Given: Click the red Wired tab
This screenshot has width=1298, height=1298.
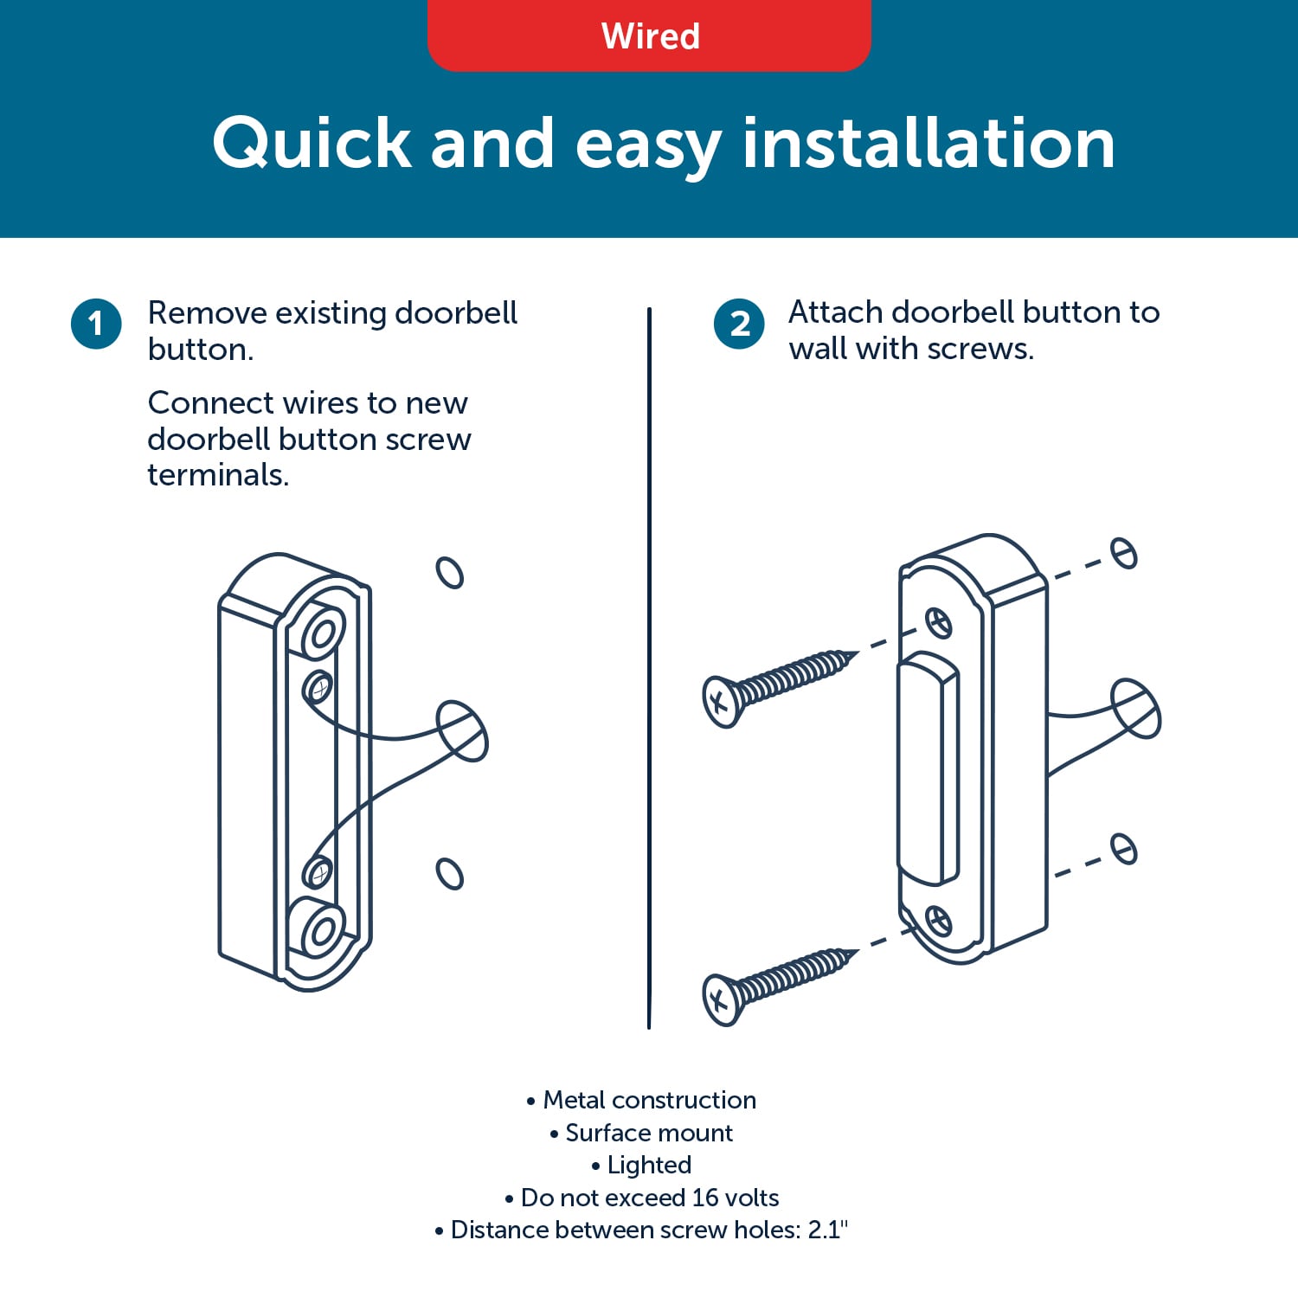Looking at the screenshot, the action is click(649, 35).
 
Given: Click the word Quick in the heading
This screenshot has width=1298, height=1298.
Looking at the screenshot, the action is click(312, 144).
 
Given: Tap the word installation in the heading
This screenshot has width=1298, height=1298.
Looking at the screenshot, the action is click(929, 142).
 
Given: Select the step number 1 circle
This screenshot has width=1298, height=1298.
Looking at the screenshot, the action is click(96, 324).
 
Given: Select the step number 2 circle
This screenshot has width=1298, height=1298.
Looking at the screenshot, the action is click(739, 324).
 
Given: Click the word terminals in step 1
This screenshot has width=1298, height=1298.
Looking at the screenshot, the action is click(217, 475).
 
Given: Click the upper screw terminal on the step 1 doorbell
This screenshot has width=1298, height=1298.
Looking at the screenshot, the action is click(318, 689).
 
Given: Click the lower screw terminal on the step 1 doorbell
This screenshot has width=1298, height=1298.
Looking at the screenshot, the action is click(318, 872).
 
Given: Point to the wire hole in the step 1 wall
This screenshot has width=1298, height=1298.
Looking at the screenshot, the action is click(462, 731).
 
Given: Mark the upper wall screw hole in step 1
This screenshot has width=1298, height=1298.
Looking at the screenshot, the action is click(450, 572).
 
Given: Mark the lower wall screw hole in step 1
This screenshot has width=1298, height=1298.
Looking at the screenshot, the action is click(450, 873).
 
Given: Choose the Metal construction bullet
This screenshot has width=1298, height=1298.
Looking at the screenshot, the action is click(641, 1100).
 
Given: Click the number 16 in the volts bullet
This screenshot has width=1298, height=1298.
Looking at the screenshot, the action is click(704, 1198).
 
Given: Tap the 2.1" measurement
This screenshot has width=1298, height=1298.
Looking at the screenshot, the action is click(828, 1230).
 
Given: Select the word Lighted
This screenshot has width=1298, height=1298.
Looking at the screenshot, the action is click(649, 1166).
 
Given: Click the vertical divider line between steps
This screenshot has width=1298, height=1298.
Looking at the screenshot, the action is click(649, 668).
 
